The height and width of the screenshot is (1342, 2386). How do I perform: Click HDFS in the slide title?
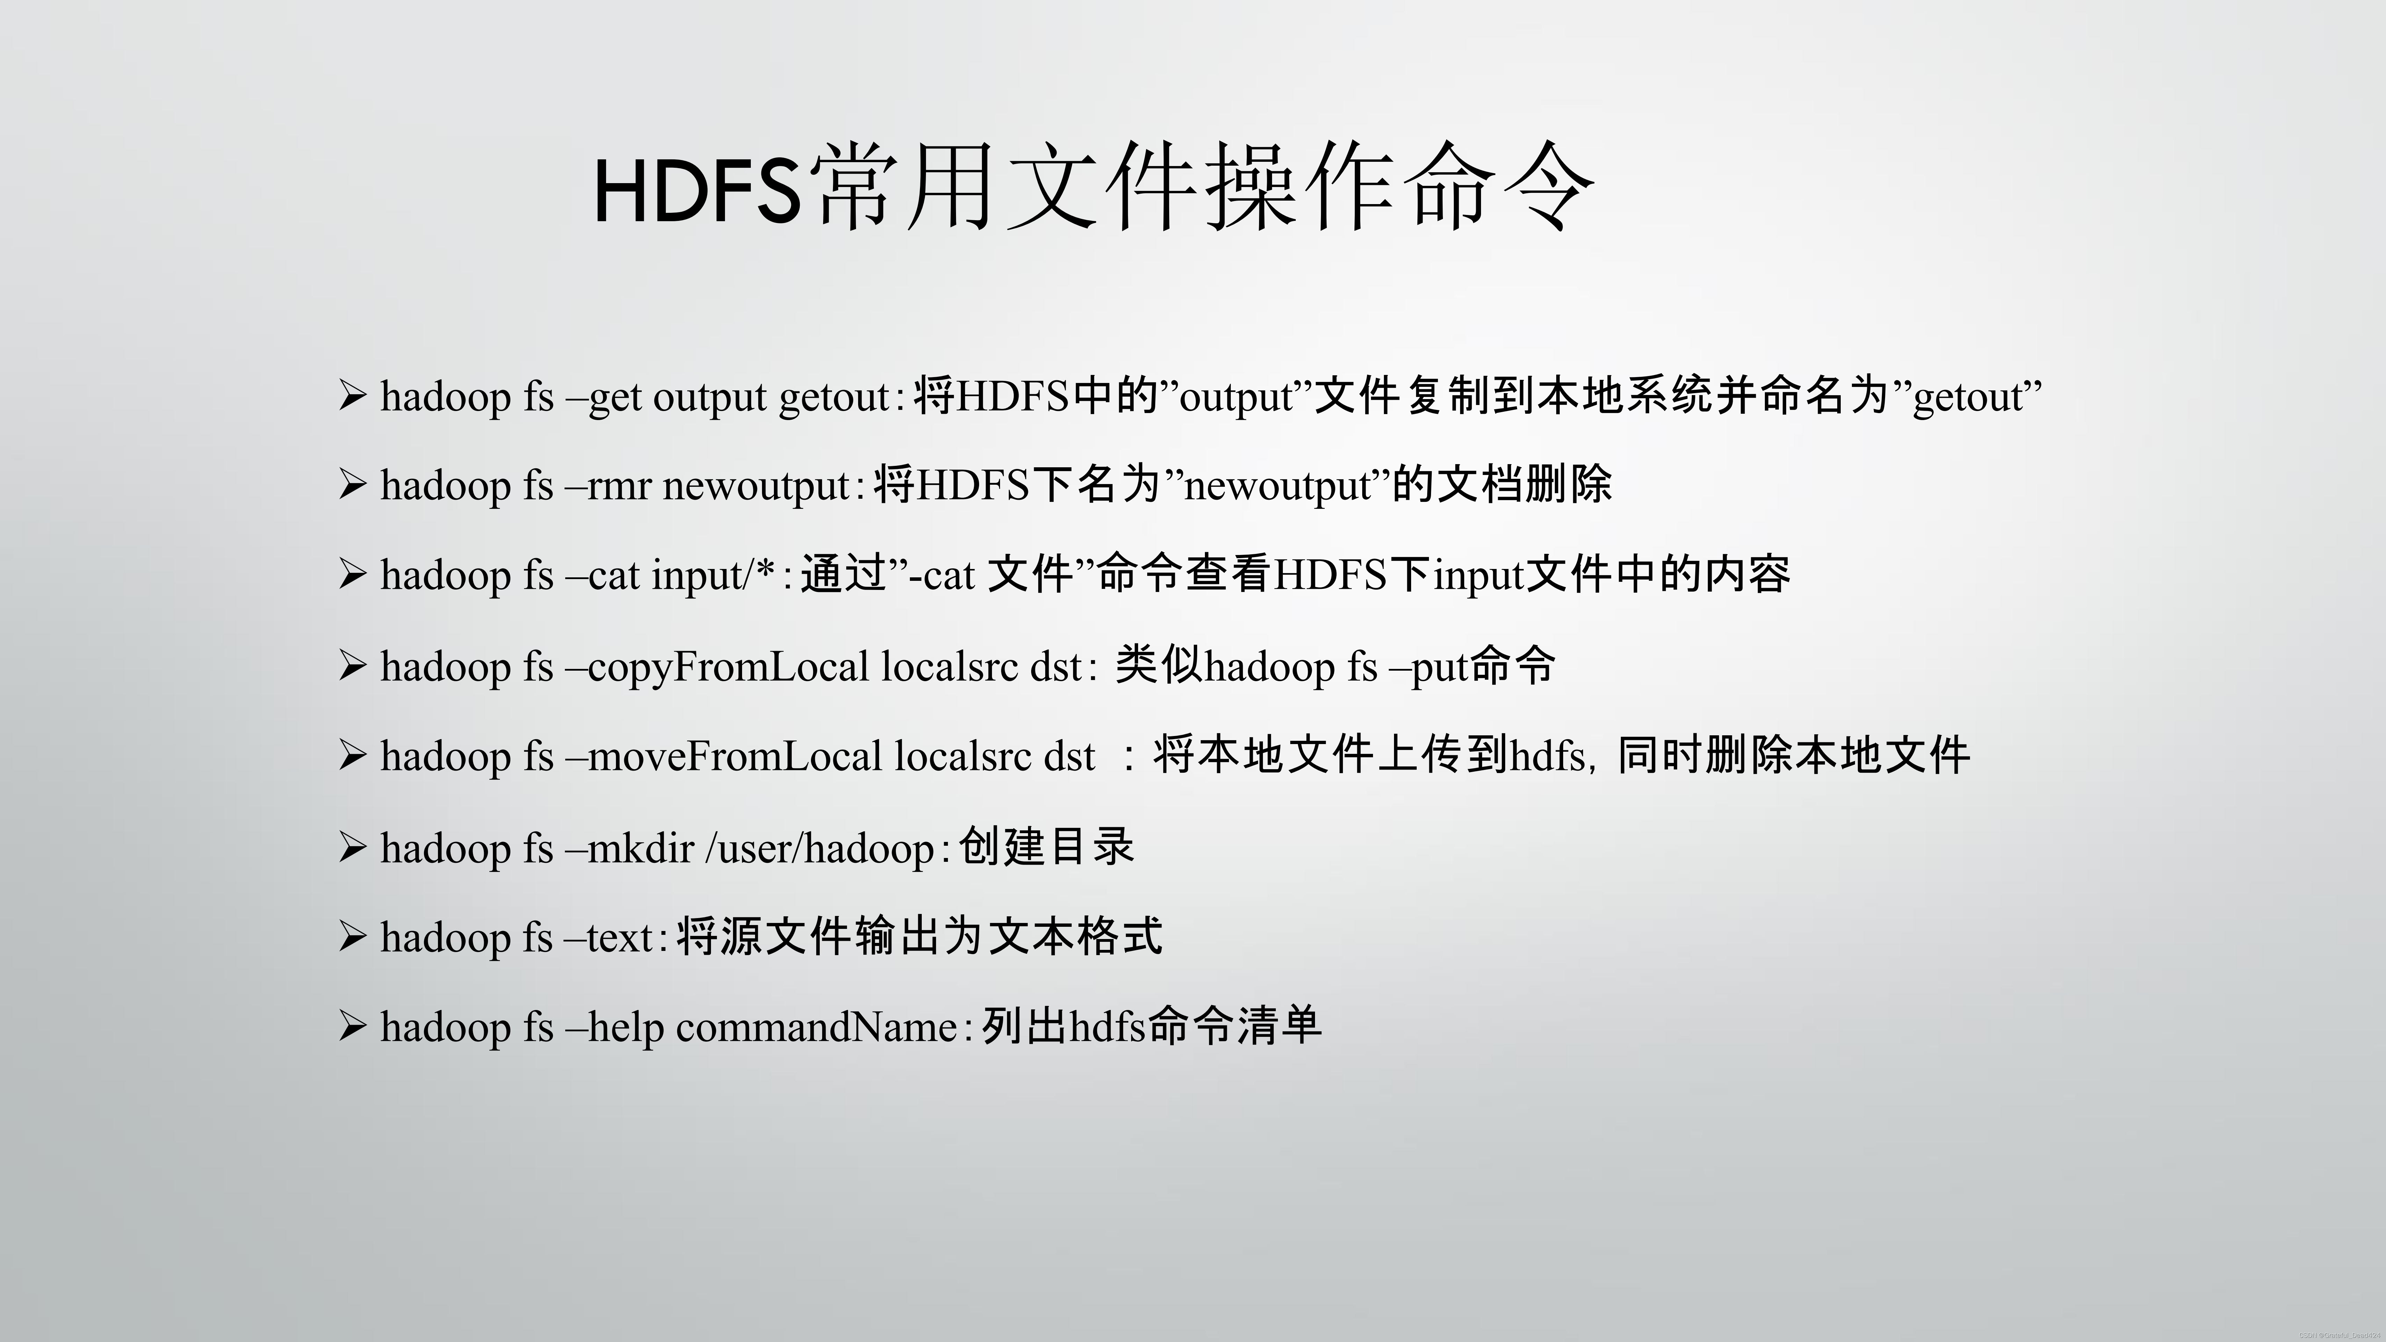pyautogui.click(x=697, y=192)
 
